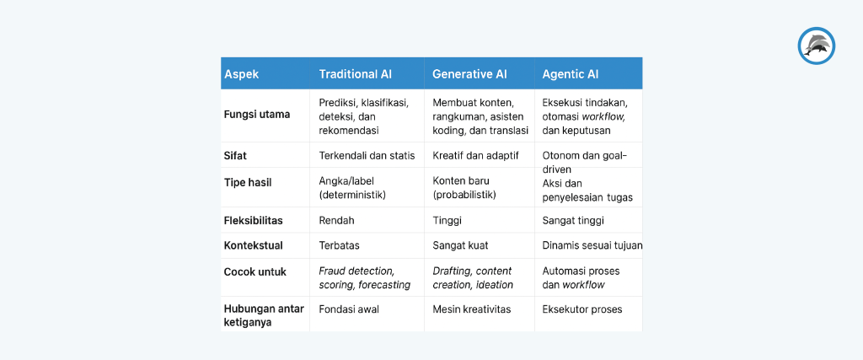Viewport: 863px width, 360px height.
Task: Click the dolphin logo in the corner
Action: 816,46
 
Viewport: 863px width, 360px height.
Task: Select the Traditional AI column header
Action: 355,74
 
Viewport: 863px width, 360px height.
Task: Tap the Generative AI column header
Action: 469,74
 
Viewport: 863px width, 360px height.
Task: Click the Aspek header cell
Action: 241,74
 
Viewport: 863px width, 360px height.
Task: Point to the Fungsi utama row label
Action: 257,114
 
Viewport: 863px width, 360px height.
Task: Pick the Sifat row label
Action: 235,156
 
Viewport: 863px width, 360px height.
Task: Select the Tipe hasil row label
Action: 248,182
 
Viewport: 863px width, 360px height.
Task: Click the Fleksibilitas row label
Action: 253,221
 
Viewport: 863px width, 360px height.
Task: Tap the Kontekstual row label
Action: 253,245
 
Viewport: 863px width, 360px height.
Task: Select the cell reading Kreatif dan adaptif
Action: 476,156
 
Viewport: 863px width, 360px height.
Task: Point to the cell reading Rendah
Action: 337,221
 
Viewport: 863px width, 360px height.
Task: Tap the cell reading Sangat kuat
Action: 460,245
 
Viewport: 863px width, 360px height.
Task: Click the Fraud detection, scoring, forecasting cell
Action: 364,277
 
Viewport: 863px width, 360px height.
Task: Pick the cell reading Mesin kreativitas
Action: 472,309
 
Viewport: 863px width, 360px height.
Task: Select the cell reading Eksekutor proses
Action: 582,309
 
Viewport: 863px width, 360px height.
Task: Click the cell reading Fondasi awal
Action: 349,309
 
